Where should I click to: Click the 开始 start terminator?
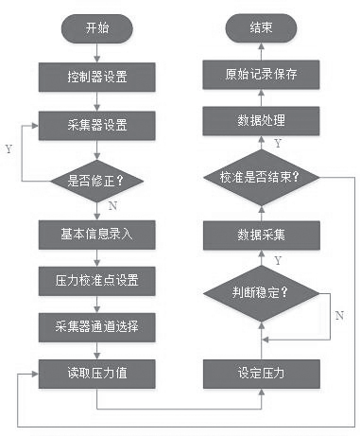tap(96, 28)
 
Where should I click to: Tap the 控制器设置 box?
tap(96, 74)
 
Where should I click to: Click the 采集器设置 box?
tap(96, 123)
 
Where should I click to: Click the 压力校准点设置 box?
tap(96, 280)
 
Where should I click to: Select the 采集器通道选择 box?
tap(96, 326)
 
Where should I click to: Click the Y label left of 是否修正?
tap(9, 149)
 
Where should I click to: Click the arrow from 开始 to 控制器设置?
tap(96, 51)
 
